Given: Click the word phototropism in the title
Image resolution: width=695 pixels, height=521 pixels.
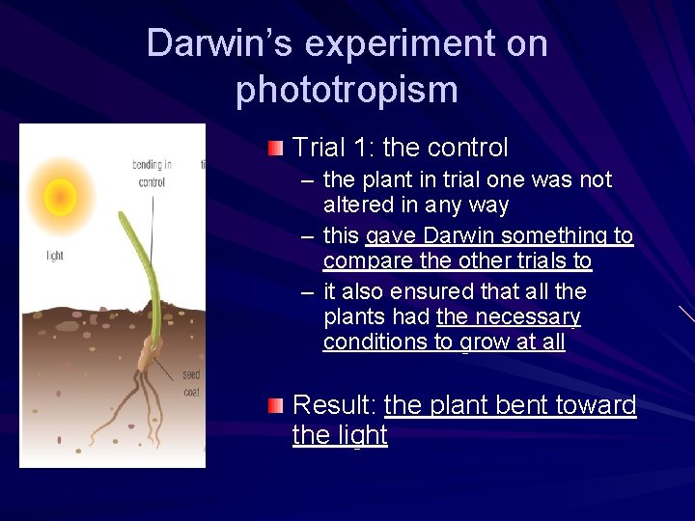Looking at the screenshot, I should pyautogui.click(x=347, y=90).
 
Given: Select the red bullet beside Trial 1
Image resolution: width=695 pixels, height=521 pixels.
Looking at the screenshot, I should pyautogui.click(x=277, y=148).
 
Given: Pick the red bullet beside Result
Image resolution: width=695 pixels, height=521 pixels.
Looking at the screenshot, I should pyautogui.click(x=277, y=405).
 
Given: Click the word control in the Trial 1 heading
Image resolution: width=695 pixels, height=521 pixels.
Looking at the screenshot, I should pyautogui.click(x=467, y=148).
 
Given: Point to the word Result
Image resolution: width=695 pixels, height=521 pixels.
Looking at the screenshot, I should pyautogui.click(x=333, y=405).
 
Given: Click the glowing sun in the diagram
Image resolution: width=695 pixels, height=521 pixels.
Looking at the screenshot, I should pyautogui.click(x=60, y=199).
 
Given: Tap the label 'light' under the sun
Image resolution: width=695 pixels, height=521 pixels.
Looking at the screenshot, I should pyautogui.click(x=55, y=256).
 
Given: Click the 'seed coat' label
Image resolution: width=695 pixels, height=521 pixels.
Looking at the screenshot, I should pyautogui.click(x=192, y=384).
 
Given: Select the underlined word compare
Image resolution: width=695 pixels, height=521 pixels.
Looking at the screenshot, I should pyautogui.click(x=363, y=261).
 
